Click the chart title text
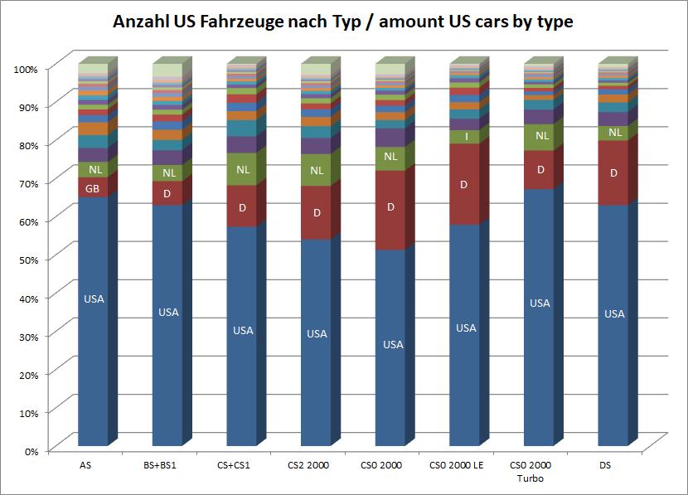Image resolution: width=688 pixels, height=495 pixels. [343, 21]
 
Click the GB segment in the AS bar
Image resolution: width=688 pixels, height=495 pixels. [93, 188]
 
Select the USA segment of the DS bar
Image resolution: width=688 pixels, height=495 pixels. [613, 323]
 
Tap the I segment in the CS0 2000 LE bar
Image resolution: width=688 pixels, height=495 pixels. [466, 136]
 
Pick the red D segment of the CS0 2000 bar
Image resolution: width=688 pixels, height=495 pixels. [390, 207]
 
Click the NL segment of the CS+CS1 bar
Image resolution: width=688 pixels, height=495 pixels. [242, 169]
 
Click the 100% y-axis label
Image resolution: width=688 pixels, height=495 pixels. [27, 69]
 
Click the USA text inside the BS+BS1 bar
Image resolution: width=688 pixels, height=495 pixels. [168, 313]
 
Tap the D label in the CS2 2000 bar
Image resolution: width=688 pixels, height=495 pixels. [317, 213]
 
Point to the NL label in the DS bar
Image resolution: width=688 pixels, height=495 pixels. [615, 133]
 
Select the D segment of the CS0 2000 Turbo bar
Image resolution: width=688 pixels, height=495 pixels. [540, 170]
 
